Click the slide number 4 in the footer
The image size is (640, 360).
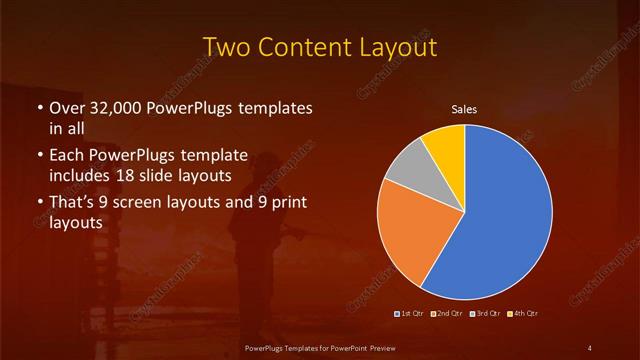[589, 347]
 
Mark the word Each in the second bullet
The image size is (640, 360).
[67, 155]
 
